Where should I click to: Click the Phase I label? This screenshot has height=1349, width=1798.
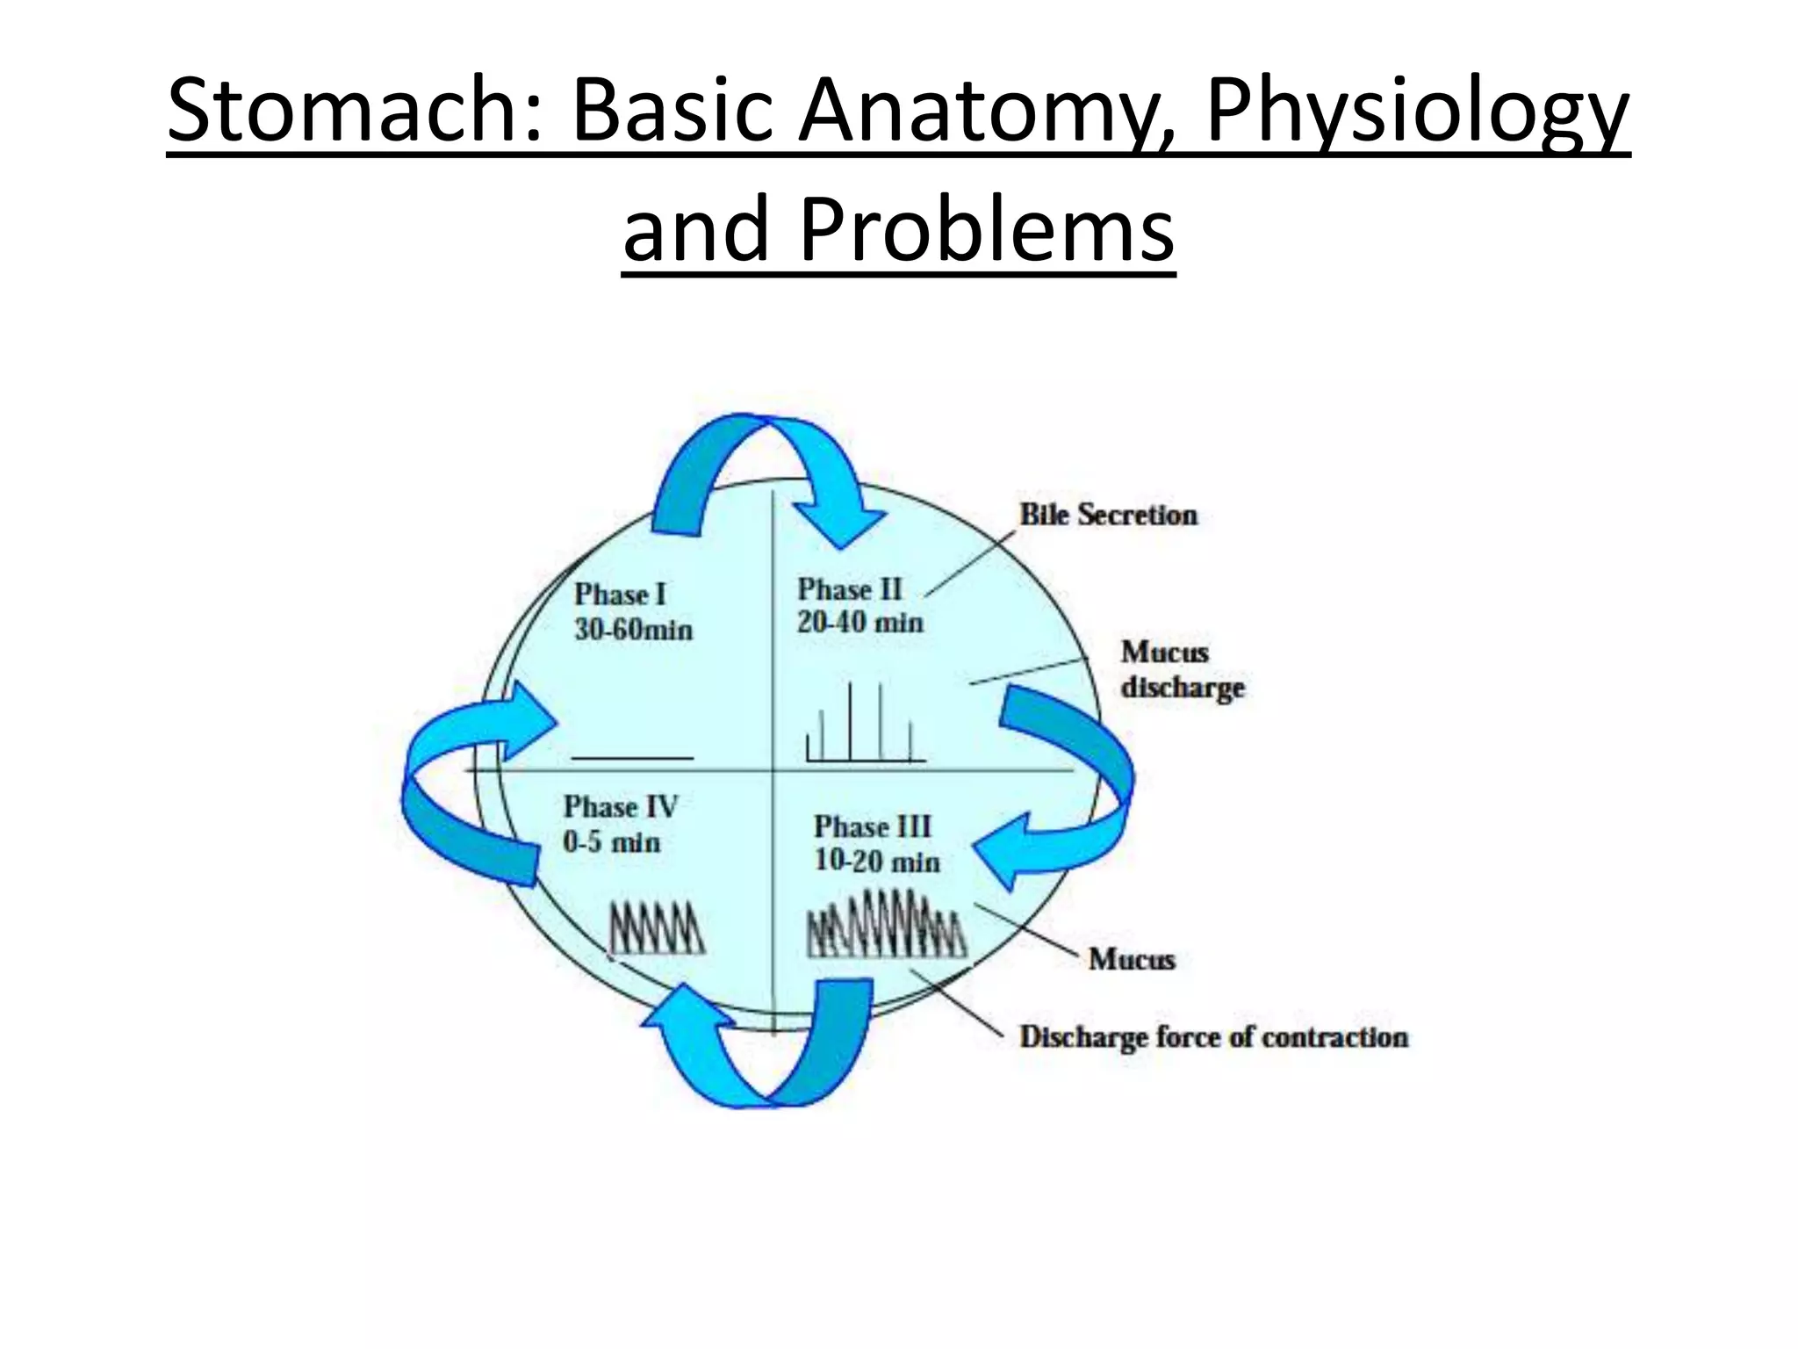(x=620, y=595)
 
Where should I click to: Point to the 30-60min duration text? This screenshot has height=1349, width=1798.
(x=633, y=630)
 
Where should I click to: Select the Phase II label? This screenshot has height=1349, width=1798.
(x=849, y=589)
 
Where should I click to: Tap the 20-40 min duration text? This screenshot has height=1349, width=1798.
(x=859, y=623)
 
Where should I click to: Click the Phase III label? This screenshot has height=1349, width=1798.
(x=872, y=826)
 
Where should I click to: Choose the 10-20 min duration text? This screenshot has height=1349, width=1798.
(x=876, y=861)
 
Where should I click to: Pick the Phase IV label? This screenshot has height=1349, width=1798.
(x=620, y=806)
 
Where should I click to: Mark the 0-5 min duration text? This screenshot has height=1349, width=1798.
(x=611, y=842)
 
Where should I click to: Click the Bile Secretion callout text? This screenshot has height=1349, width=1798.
(x=1108, y=515)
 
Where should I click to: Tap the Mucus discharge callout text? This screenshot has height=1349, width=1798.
(x=1182, y=669)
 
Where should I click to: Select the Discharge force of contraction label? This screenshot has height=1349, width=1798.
(x=1213, y=1037)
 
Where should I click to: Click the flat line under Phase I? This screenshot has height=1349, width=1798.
(x=632, y=757)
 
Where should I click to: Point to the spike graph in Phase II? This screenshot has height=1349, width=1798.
(x=865, y=725)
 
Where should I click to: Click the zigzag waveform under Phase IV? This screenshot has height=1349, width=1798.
(x=657, y=927)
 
